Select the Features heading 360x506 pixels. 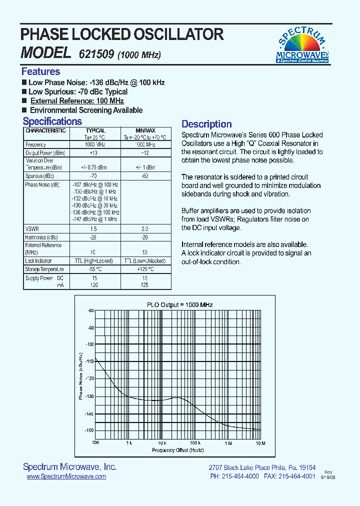pos(40,71)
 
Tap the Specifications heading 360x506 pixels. pos(52,121)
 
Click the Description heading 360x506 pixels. pos(206,124)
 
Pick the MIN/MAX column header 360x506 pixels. pos(145,130)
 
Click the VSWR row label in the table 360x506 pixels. pos(31,228)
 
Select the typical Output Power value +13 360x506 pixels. pos(93,152)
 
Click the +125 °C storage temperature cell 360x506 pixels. pos(145,269)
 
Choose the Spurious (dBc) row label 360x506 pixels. pos(39,176)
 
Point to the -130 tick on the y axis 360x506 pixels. pos(89,396)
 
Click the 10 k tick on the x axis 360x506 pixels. pos(161,443)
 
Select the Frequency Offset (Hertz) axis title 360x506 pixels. pos(178,450)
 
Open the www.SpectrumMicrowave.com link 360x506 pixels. pos(66,477)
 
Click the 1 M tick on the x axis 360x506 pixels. pos(228,443)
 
